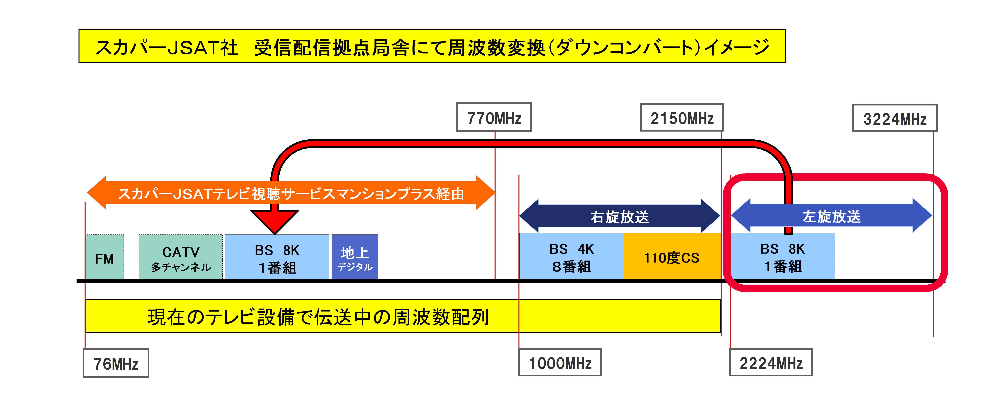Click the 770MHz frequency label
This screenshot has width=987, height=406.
pos(494,118)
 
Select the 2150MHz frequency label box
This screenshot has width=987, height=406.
pos(682,118)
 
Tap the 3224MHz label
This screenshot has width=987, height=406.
pos(894,118)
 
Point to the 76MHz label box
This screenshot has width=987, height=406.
pos(116,363)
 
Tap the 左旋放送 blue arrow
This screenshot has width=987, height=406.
pos(831,216)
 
